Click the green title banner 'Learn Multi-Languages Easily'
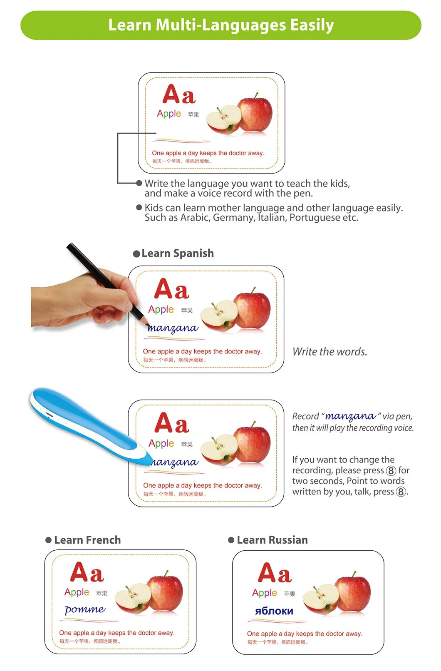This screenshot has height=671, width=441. tap(220, 25)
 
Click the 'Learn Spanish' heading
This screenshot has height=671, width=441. tap(177, 253)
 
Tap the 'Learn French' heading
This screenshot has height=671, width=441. tap(87, 540)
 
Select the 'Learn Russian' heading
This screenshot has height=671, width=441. tap(272, 540)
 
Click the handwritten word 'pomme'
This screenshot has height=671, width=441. tap(85, 609)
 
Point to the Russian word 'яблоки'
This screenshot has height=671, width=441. tap(274, 611)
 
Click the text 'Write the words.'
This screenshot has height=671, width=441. tap(330, 352)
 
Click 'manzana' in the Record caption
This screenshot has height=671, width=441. tap(350, 416)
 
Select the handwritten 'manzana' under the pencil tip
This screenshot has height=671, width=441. tap(173, 328)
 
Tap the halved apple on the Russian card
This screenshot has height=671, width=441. tap(320, 599)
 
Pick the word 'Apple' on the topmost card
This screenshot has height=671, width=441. tap(169, 113)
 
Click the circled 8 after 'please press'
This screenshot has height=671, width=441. tap(391, 471)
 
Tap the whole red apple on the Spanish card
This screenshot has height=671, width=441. tap(252, 310)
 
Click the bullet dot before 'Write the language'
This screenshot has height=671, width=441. tap(139, 183)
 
